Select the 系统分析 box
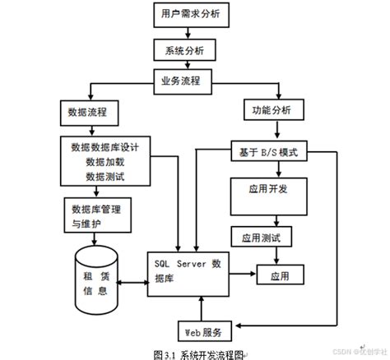coord(185,50)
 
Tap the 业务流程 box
coord(186,82)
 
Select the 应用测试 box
coord(262,238)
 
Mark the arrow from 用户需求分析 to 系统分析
coord(188,33)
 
